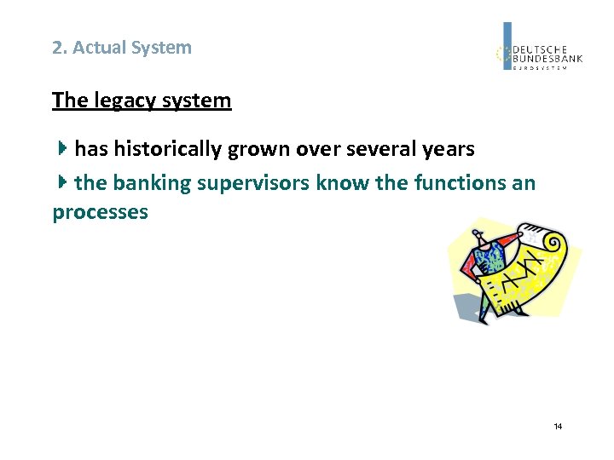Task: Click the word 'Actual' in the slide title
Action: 97,48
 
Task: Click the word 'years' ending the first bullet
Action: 448,149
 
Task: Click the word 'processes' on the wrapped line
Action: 100,212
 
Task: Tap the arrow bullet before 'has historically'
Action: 62,149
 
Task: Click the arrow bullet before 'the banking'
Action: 62,182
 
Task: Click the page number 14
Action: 558,426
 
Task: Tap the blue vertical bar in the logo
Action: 507,46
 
